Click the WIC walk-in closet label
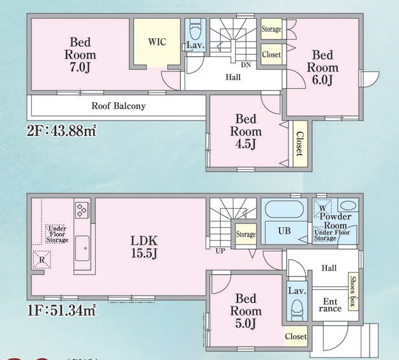(x=157, y=42)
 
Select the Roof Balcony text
(x=118, y=106)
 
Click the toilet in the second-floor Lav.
(x=195, y=29)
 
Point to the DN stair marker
(x=245, y=65)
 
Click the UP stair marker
(x=220, y=251)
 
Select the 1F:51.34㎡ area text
(x=61, y=311)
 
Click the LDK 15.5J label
(x=144, y=247)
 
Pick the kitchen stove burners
(x=82, y=209)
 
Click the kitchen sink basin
(x=82, y=248)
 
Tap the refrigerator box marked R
(x=41, y=259)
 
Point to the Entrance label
(x=330, y=304)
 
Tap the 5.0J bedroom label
(x=246, y=311)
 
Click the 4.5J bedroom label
(x=246, y=131)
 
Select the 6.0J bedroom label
(x=322, y=67)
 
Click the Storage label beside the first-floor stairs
(x=245, y=234)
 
